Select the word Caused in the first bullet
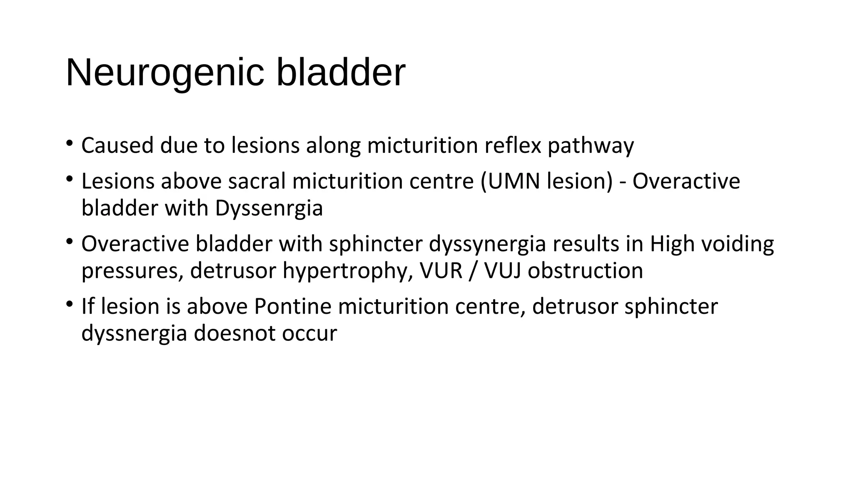click(117, 146)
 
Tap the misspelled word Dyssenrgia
click(269, 208)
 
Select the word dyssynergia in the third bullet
click(487, 244)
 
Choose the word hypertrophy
click(348, 271)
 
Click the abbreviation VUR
click(441, 271)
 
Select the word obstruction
click(585, 271)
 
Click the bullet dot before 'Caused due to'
click(69, 144)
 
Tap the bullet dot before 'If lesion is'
click(69, 305)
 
